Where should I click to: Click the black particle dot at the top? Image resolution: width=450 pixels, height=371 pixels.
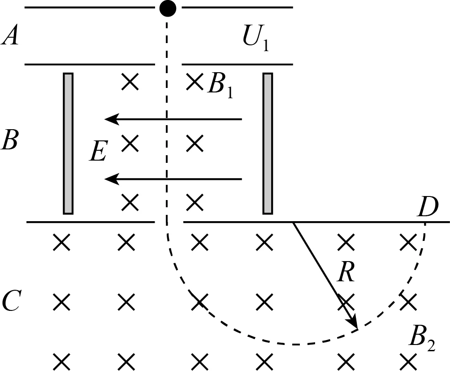[x=168, y=8]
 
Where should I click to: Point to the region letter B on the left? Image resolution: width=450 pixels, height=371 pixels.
[x=9, y=140]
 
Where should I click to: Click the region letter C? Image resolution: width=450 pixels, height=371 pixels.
[x=10, y=301]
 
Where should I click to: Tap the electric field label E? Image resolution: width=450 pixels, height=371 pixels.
[x=98, y=153]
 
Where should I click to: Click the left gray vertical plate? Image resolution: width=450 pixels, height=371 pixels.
[x=68, y=143]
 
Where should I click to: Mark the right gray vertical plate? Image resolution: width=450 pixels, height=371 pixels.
[x=268, y=143]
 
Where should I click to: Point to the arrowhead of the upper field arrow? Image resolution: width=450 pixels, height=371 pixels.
[x=110, y=119]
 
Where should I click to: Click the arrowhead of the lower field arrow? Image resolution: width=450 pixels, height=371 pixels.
[x=110, y=179]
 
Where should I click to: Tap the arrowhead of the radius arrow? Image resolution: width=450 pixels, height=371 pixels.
[x=354, y=324]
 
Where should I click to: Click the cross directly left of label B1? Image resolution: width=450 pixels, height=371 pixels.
[x=194, y=82]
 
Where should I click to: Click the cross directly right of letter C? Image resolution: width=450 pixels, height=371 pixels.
[x=62, y=301]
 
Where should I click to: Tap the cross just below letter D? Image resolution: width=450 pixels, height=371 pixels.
[x=407, y=242]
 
